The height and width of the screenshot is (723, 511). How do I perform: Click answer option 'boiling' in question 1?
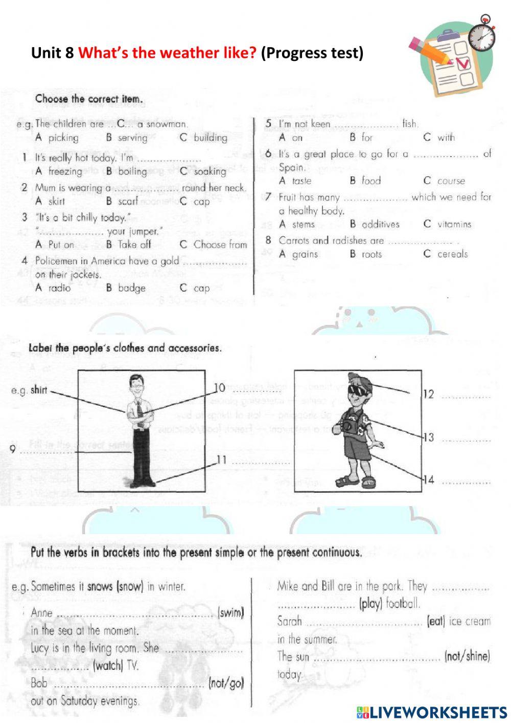click(132, 171)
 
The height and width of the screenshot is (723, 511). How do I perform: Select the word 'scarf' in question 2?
click(128, 202)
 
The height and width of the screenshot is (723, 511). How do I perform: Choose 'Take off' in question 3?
click(134, 245)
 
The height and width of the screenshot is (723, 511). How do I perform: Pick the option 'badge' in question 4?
click(131, 288)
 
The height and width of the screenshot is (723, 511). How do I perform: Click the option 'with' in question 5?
click(445, 137)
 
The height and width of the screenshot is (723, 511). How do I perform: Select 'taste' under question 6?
click(301, 181)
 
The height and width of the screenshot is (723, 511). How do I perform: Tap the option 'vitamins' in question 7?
click(454, 224)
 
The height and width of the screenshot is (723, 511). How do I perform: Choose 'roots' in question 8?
click(371, 254)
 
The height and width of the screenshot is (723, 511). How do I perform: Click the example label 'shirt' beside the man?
click(38, 390)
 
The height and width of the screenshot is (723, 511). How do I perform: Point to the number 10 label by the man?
click(219, 388)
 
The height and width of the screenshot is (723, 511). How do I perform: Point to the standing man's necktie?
click(138, 410)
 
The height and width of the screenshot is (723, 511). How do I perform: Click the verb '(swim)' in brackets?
click(231, 612)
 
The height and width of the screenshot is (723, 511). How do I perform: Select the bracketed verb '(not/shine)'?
click(467, 656)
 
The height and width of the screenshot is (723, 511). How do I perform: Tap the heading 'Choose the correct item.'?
click(89, 99)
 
